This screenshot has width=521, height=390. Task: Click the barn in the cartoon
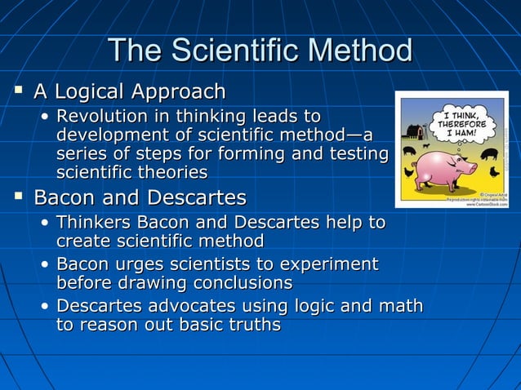point(414,131)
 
